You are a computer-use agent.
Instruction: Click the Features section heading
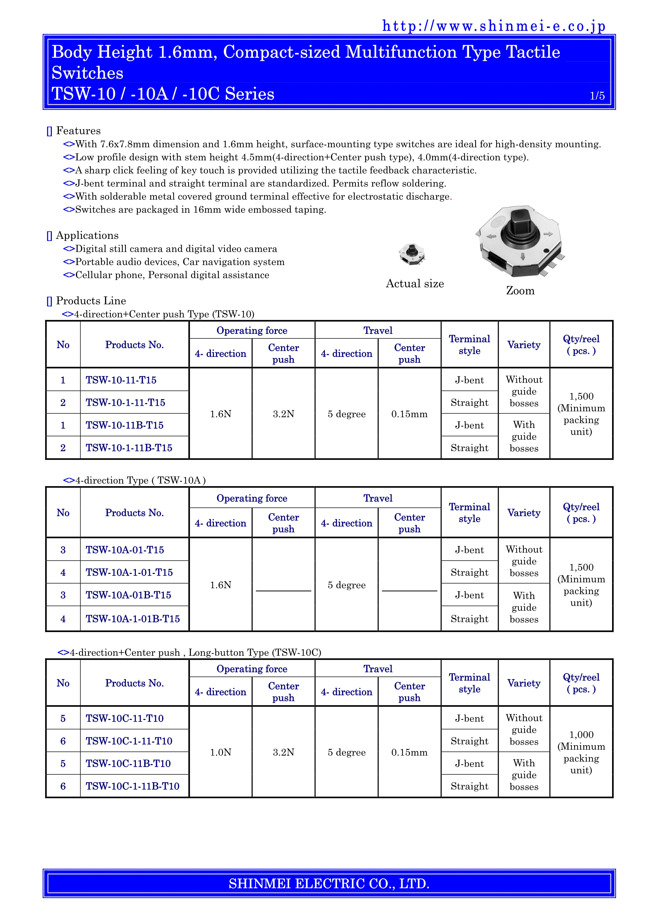pos(78,131)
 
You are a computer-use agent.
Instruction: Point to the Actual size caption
pos(415,283)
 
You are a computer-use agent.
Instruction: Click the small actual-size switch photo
pos(412,254)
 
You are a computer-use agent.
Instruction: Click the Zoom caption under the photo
pos(520,291)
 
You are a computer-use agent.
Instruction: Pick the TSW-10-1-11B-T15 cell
pos(129,448)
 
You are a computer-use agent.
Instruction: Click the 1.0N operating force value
pos(220,752)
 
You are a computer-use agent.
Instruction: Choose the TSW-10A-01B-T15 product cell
pos(128,595)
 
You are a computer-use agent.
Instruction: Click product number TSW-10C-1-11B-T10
pos(132,786)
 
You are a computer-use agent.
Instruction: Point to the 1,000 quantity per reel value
pos(581,735)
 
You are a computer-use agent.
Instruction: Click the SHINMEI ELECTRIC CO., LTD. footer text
pos(329,883)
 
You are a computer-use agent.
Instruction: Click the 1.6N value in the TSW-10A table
pos(220,585)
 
